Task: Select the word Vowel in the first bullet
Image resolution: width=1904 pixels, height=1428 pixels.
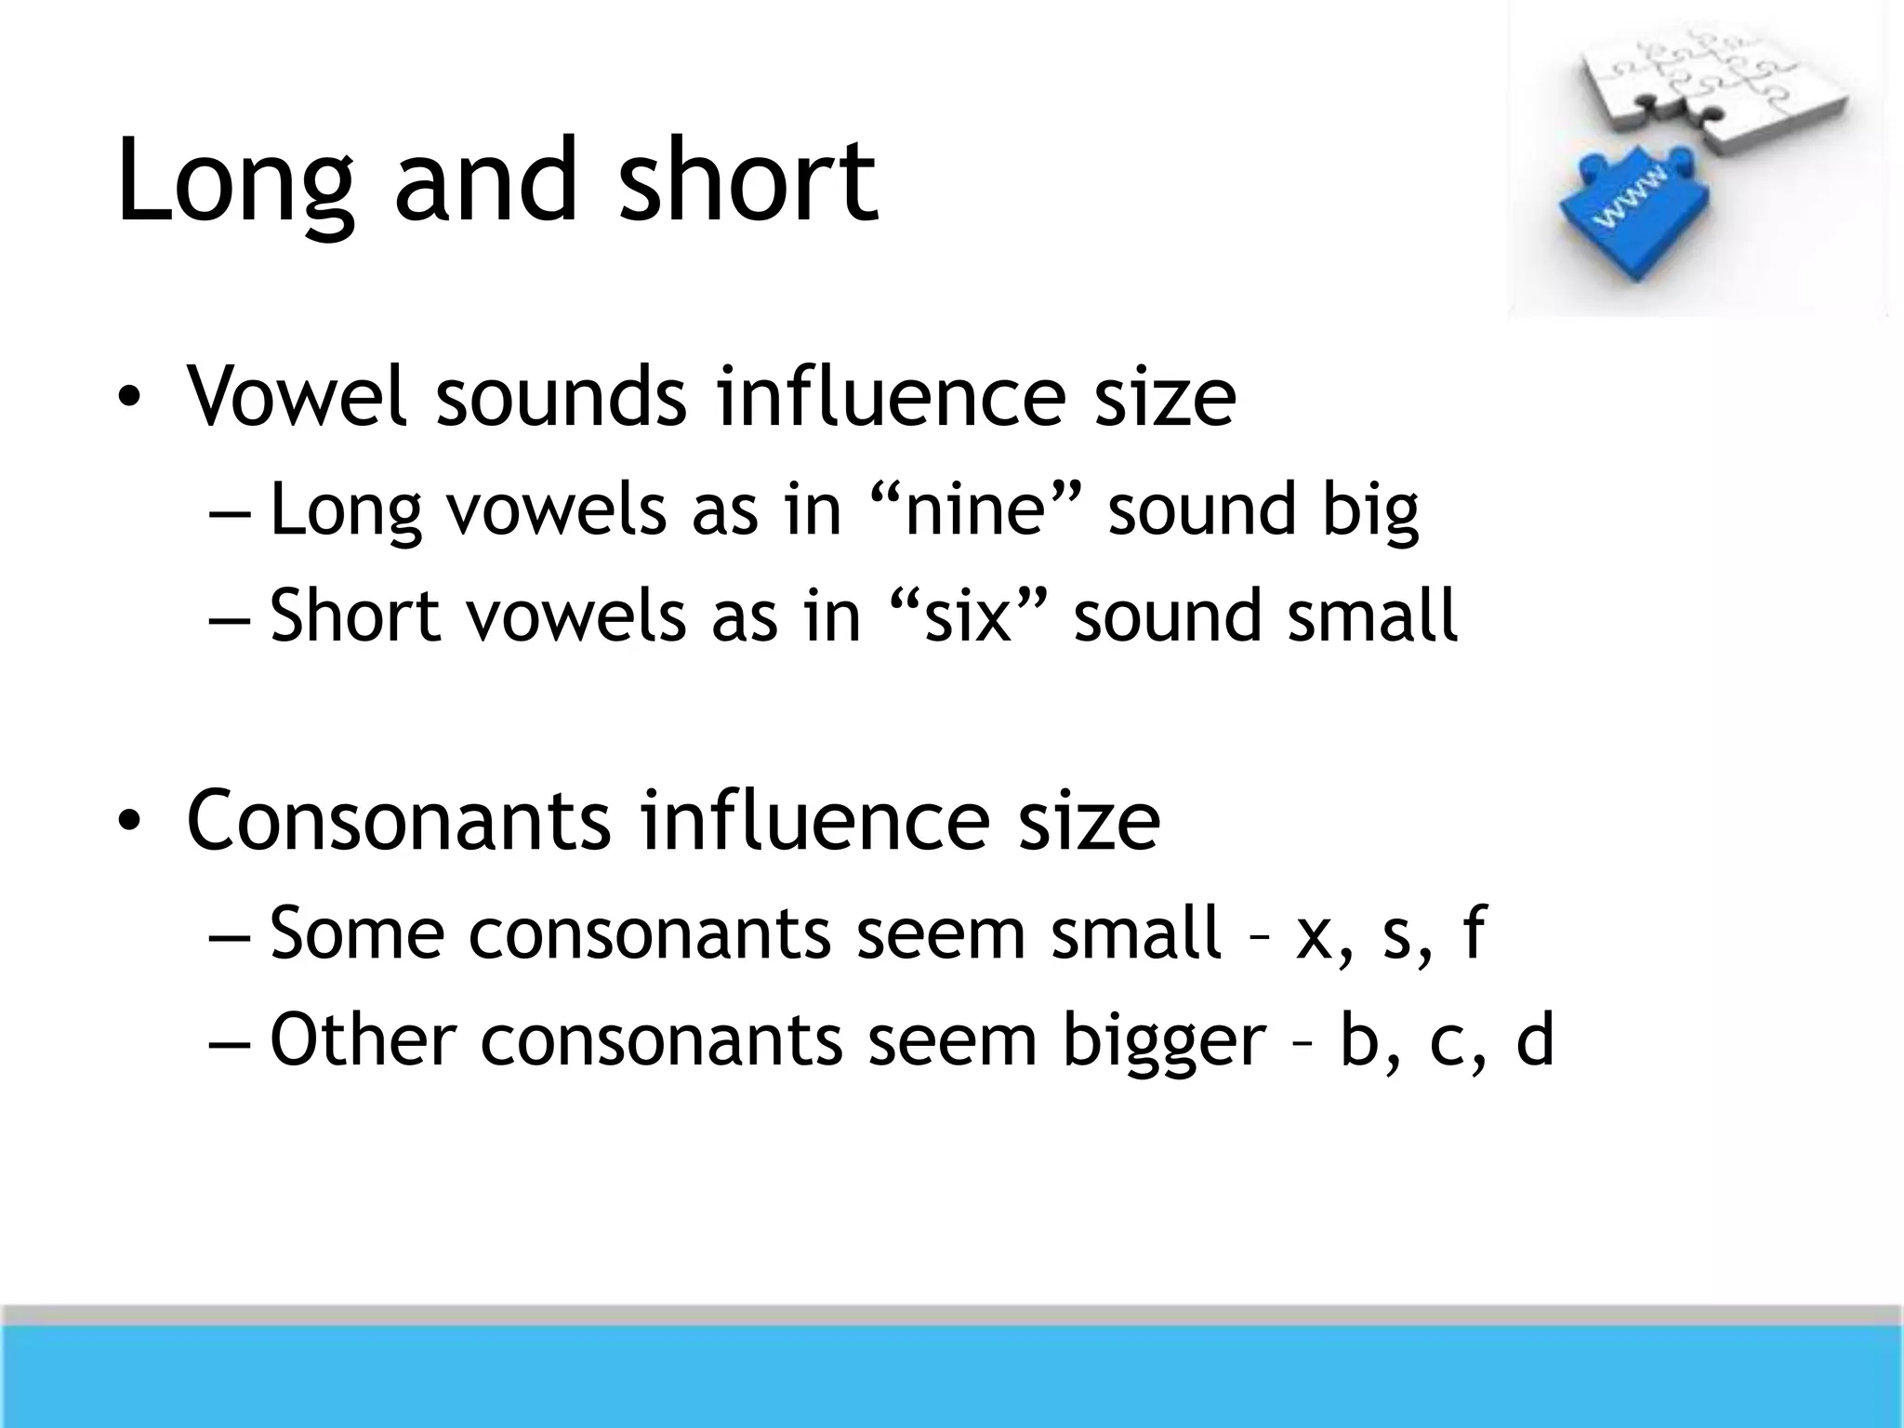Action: (x=297, y=397)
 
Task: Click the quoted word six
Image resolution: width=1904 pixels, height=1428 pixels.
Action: (x=966, y=616)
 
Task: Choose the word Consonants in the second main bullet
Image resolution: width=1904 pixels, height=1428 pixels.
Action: (x=399, y=821)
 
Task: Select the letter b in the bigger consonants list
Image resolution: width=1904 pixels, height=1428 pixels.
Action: (x=1358, y=1039)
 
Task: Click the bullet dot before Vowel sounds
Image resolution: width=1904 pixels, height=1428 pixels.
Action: (x=128, y=400)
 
